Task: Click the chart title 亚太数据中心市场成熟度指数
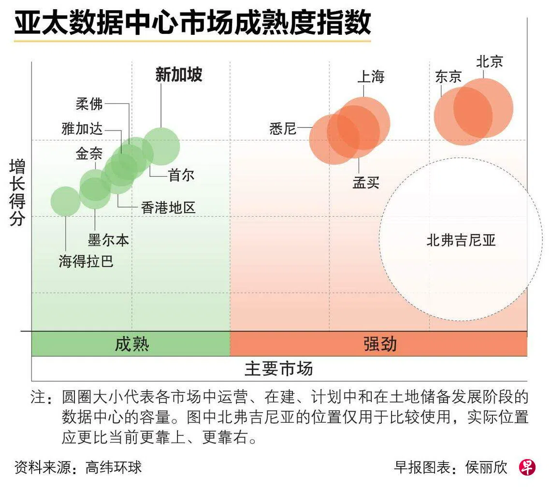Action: [x=192, y=23]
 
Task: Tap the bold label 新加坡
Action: [x=178, y=74]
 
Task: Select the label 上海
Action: [x=371, y=76]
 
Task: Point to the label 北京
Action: [x=489, y=61]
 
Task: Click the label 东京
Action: [x=448, y=76]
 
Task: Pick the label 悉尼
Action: [x=283, y=129]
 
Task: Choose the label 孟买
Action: [x=366, y=183]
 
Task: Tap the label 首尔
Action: [x=181, y=175]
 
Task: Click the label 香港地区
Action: [x=168, y=208]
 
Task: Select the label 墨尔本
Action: [x=108, y=240]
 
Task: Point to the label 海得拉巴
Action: [x=86, y=261]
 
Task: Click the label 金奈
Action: [x=89, y=154]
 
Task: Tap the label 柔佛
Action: [x=89, y=103]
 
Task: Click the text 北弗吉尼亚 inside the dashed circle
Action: [x=461, y=240]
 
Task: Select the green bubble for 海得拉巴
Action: [x=66, y=201]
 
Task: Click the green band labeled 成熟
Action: [x=131, y=344]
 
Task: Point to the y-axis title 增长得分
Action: [x=17, y=193]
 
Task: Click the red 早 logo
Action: [x=527, y=467]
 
